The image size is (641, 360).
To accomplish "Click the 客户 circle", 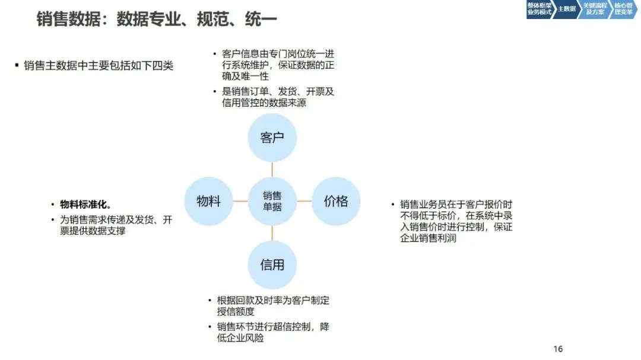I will coord(272,138).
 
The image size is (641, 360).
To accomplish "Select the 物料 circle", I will coord(208,201).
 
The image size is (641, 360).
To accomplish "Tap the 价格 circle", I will coord(336,201).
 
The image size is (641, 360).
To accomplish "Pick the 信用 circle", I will coord(272,265).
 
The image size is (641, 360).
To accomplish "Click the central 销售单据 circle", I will coord(272,201).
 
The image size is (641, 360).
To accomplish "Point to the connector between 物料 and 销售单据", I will coord(240,201).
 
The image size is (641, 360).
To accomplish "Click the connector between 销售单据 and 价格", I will coord(304,201).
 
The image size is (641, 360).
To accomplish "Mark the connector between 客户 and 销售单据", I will coord(272,170).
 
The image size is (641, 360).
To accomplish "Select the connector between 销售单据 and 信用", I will coord(272,233).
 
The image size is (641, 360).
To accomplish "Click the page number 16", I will coord(557,349).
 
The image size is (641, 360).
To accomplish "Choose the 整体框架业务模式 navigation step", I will coord(539,9).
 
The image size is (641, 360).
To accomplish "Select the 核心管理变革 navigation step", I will coord(623,9).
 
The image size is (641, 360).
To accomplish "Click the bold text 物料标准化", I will coord(85,205).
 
